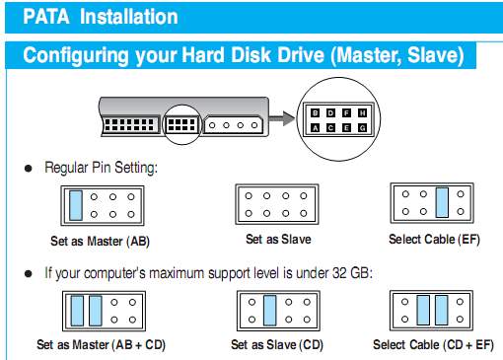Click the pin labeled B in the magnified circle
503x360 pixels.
pyautogui.click(x=315, y=113)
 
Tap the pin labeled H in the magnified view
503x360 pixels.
pyautogui.click(x=362, y=113)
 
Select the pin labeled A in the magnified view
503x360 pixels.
pyautogui.click(x=315, y=128)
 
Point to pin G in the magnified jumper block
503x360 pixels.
pyautogui.click(x=362, y=128)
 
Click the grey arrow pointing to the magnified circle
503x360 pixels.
pyautogui.click(x=282, y=118)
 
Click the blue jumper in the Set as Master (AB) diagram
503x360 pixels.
pyautogui.click(x=76, y=205)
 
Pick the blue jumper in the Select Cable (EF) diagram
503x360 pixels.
pyautogui.click(x=442, y=202)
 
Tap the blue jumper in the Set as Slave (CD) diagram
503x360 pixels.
pyautogui.click(x=270, y=311)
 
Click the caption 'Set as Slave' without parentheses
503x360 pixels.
pyautogui.click(x=278, y=239)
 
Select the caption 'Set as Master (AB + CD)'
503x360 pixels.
pyautogui.click(x=101, y=344)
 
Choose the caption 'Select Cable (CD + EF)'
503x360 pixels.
pyautogui.click(x=433, y=344)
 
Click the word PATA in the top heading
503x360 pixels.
pyautogui.click(x=46, y=17)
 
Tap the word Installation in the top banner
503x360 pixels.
pyautogui.click(x=129, y=17)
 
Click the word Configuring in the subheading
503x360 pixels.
pyautogui.click(x=76, y=55)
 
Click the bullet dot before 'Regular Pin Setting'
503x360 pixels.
pyautogui.click(x=29, y=169)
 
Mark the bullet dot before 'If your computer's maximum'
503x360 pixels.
pyautogui.click(x=29, y=273)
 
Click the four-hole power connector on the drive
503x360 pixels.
pyautogui.click(x=234, y=125)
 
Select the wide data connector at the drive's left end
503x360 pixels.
pyautogui.click(x=130, y=125)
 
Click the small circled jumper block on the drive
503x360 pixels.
pyautogui.click(x=181, y=125)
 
